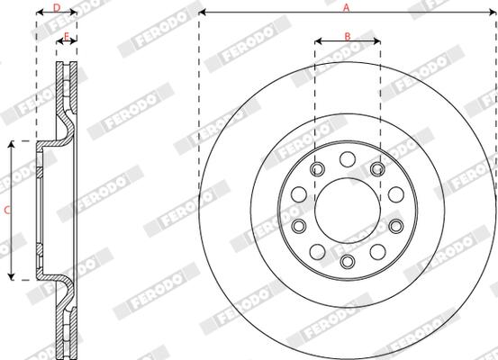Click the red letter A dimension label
(x=346, y=7)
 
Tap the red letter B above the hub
(x=348, y=37)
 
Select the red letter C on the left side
(x=7, y=210)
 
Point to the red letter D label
(x=57, y=7)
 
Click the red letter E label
(x=67, y=36)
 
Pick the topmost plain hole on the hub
(x=348, y=159)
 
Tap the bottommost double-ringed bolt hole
(x=348, y=262)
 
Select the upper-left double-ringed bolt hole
(x=318, y=168)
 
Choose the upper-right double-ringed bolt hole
(x=377, y=168)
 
